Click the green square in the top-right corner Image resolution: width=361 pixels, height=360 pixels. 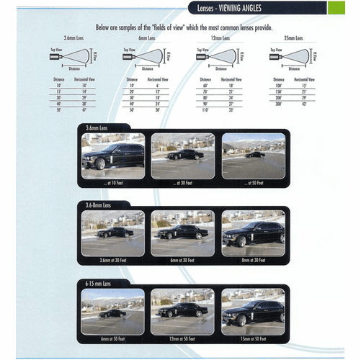coord(336,8)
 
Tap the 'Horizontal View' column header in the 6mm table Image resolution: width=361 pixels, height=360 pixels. coord(159,78)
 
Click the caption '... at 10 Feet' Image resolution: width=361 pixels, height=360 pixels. coord(112,183)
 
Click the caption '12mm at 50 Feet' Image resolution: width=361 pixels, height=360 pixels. coord(183,338)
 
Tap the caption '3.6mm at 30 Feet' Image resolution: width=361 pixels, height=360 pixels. coord(112,260)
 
